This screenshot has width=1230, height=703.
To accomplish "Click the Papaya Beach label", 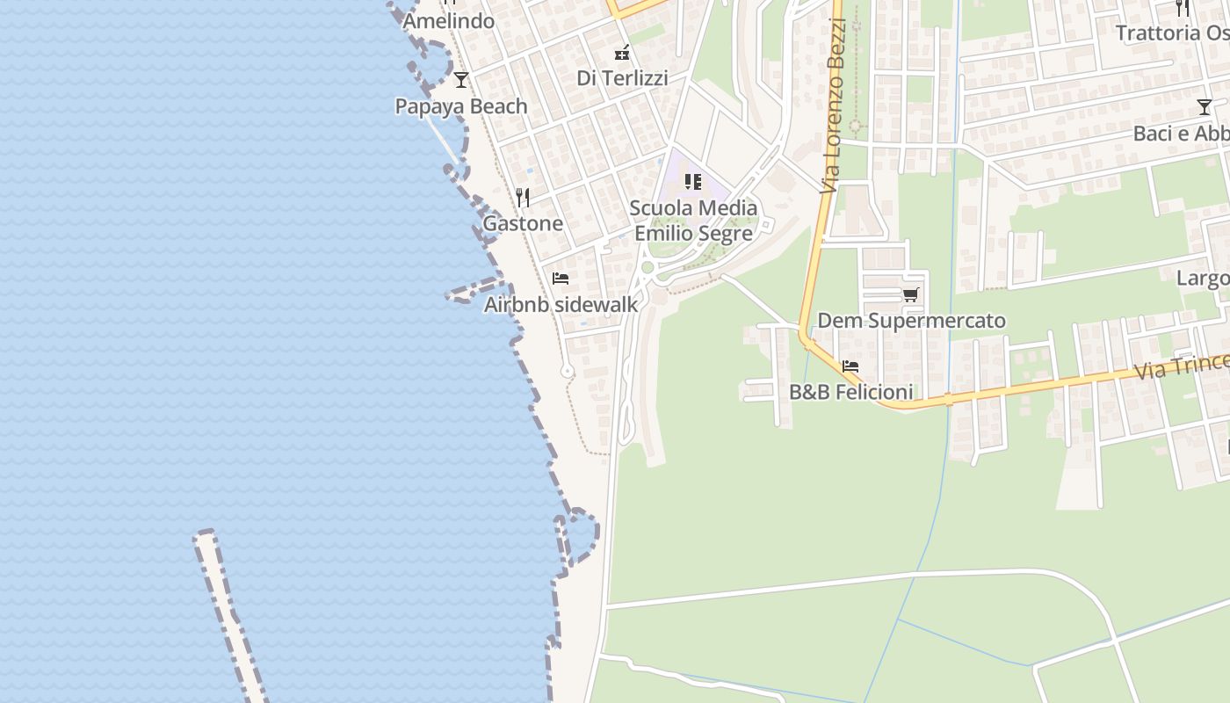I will click(x=461, y=106).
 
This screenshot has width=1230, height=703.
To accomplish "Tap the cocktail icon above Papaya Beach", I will click(x=461, y=80).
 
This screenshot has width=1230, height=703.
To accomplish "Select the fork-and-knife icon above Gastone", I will click(x=523, y=197).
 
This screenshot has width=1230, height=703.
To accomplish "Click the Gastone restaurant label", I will click(x=523, y=223).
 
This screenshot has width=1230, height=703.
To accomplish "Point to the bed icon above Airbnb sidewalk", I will click(x=561, y=279).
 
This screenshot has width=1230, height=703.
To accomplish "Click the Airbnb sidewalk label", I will click(x=561, y=304).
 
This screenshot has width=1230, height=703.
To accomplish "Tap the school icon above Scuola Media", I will click(x=693, y=182).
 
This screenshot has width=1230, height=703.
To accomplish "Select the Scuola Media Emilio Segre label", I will click(x=693, y=221).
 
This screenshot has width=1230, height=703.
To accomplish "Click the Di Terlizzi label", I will click(x=622, y=78).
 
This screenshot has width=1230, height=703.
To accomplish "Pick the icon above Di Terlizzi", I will click(x=622, y=53).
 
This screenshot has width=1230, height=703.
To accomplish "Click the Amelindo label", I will click(x=449, y=21).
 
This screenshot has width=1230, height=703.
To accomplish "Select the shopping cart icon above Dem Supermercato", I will click(x=911, y=294).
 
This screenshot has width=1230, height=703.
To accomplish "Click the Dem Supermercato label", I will click(x=911, y=321).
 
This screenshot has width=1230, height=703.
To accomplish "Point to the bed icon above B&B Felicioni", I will click(x=850, y=366).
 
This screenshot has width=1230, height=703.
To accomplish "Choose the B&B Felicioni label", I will click(x=850, y=392).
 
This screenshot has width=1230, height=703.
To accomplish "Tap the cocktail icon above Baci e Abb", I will click(x=1204, y=107).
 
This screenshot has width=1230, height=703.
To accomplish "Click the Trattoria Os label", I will click(x=1172, y=33).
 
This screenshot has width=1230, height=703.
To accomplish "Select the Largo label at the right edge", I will click(x=1203, y=279).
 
